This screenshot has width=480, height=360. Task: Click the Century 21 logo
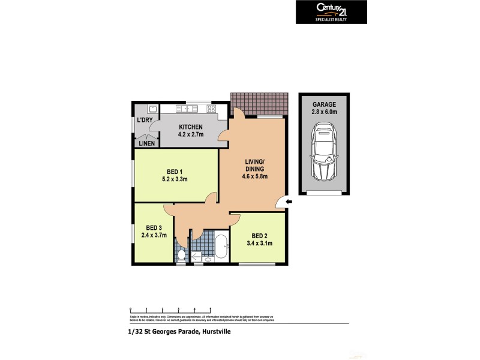tap(331, 11)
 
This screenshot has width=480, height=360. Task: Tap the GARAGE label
tap(323, 103)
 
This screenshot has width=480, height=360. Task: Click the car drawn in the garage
tap(323, 152)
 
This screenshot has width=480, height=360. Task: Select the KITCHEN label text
tap(190, 127)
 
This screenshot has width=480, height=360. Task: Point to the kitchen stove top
tap(211, 109)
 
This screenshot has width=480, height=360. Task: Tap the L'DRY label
tap(144, 121)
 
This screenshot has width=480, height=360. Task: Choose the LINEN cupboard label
tap(146, 143)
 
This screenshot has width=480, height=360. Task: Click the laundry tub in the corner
tap(152, 109)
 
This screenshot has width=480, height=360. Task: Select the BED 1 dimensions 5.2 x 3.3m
tap(176, 179)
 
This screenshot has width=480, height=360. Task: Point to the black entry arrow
tap(289, 202)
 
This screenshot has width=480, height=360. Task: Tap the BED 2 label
tap(259, 235)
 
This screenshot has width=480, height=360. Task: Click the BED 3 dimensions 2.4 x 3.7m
tap(154, 235)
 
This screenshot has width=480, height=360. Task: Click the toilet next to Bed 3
tap(182, 255)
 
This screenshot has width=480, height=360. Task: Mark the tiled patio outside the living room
tap(259, 104)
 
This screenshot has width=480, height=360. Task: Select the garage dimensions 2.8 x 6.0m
tap(323, 112)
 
